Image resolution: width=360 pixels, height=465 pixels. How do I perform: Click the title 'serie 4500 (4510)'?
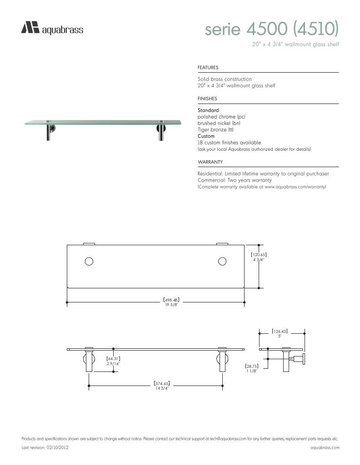272,30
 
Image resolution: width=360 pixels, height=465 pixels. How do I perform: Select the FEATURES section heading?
208,68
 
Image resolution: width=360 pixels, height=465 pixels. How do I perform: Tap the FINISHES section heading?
207,99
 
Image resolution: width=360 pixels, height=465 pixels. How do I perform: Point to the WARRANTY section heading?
210,162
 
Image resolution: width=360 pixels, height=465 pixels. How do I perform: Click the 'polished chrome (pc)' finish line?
221,117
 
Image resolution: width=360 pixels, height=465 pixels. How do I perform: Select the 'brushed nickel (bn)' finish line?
219,123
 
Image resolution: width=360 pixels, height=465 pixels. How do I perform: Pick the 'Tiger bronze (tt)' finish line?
215,129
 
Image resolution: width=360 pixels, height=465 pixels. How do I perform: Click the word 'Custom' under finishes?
206,136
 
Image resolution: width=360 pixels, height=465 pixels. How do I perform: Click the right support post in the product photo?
161,132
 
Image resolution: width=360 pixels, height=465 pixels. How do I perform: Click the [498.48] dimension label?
171,300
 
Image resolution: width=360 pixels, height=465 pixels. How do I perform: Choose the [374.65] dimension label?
162,384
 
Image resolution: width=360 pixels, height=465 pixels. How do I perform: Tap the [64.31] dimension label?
113,359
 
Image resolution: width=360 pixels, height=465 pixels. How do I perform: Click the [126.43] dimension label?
280,331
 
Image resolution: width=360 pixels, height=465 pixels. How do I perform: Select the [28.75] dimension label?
251,366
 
